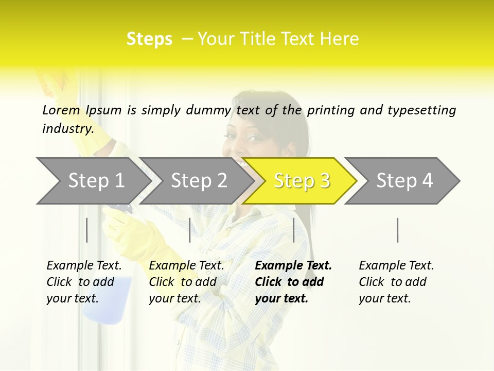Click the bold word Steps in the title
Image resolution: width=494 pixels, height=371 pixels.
point(149,39)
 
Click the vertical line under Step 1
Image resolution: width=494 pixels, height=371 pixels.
point(87,230)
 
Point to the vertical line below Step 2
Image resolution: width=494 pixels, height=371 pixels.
point(190,230)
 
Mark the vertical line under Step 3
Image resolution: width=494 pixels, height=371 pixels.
point(293,230)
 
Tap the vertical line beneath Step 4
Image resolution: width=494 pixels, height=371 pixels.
point(397,230)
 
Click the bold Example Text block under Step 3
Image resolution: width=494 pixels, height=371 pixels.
point(293,282)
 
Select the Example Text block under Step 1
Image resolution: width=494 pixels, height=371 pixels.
point(84,282)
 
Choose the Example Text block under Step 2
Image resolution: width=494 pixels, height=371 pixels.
point(186,282)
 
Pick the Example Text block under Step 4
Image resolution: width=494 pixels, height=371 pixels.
point(396,282)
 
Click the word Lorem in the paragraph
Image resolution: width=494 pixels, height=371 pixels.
point(61,110)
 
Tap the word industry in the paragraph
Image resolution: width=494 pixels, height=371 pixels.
point(67,128)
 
